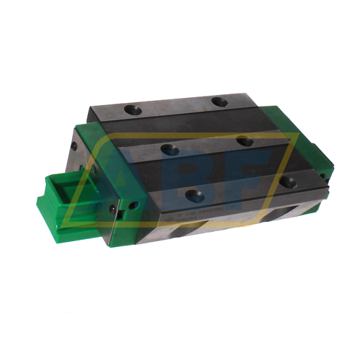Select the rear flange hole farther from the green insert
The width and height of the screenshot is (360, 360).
pyautogui.click(x=220, y=103)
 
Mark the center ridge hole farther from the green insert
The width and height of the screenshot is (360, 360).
pyautogui.click(x=245, y=141)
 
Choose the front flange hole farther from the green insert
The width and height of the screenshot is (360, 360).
pyautogui.click(x=287, y=181)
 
